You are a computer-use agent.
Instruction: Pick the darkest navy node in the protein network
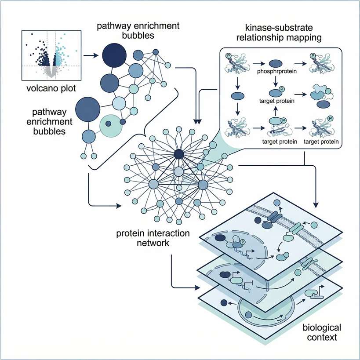pyautogui.click(x=178, y=154)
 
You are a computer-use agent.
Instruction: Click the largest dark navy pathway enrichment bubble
pyautogui.click(x=114, y=55)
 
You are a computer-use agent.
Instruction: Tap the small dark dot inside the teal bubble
pyautogui.click(x=123, y=121)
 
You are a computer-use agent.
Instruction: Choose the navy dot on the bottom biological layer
pyautogui.click(x=224, y=303)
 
